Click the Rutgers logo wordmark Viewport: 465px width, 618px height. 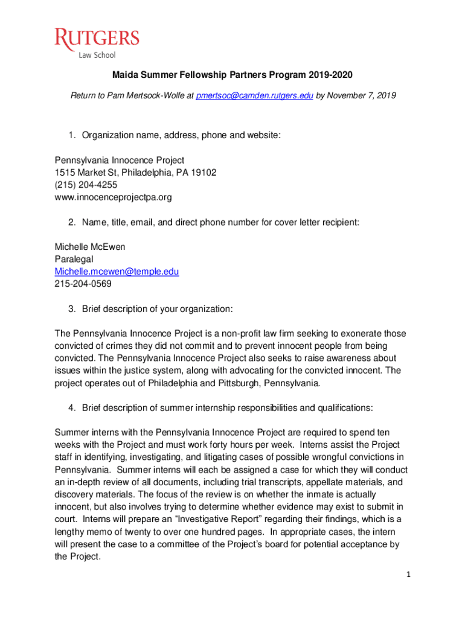pos(97,39)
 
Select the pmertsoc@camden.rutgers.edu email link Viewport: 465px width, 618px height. pos(254,95)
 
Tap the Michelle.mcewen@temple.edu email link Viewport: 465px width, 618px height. pos(117,272)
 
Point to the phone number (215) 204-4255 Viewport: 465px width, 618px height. pos(86,185)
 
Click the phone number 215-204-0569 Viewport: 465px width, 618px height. pos(83,284)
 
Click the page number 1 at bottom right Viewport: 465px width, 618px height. pos(408,574)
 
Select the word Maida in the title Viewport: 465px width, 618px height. pos(124,75)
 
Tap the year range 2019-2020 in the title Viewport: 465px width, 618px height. pos(330,75)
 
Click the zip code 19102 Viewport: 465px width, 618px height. pos(204,173)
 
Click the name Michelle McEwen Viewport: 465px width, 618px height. pos(90,247)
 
